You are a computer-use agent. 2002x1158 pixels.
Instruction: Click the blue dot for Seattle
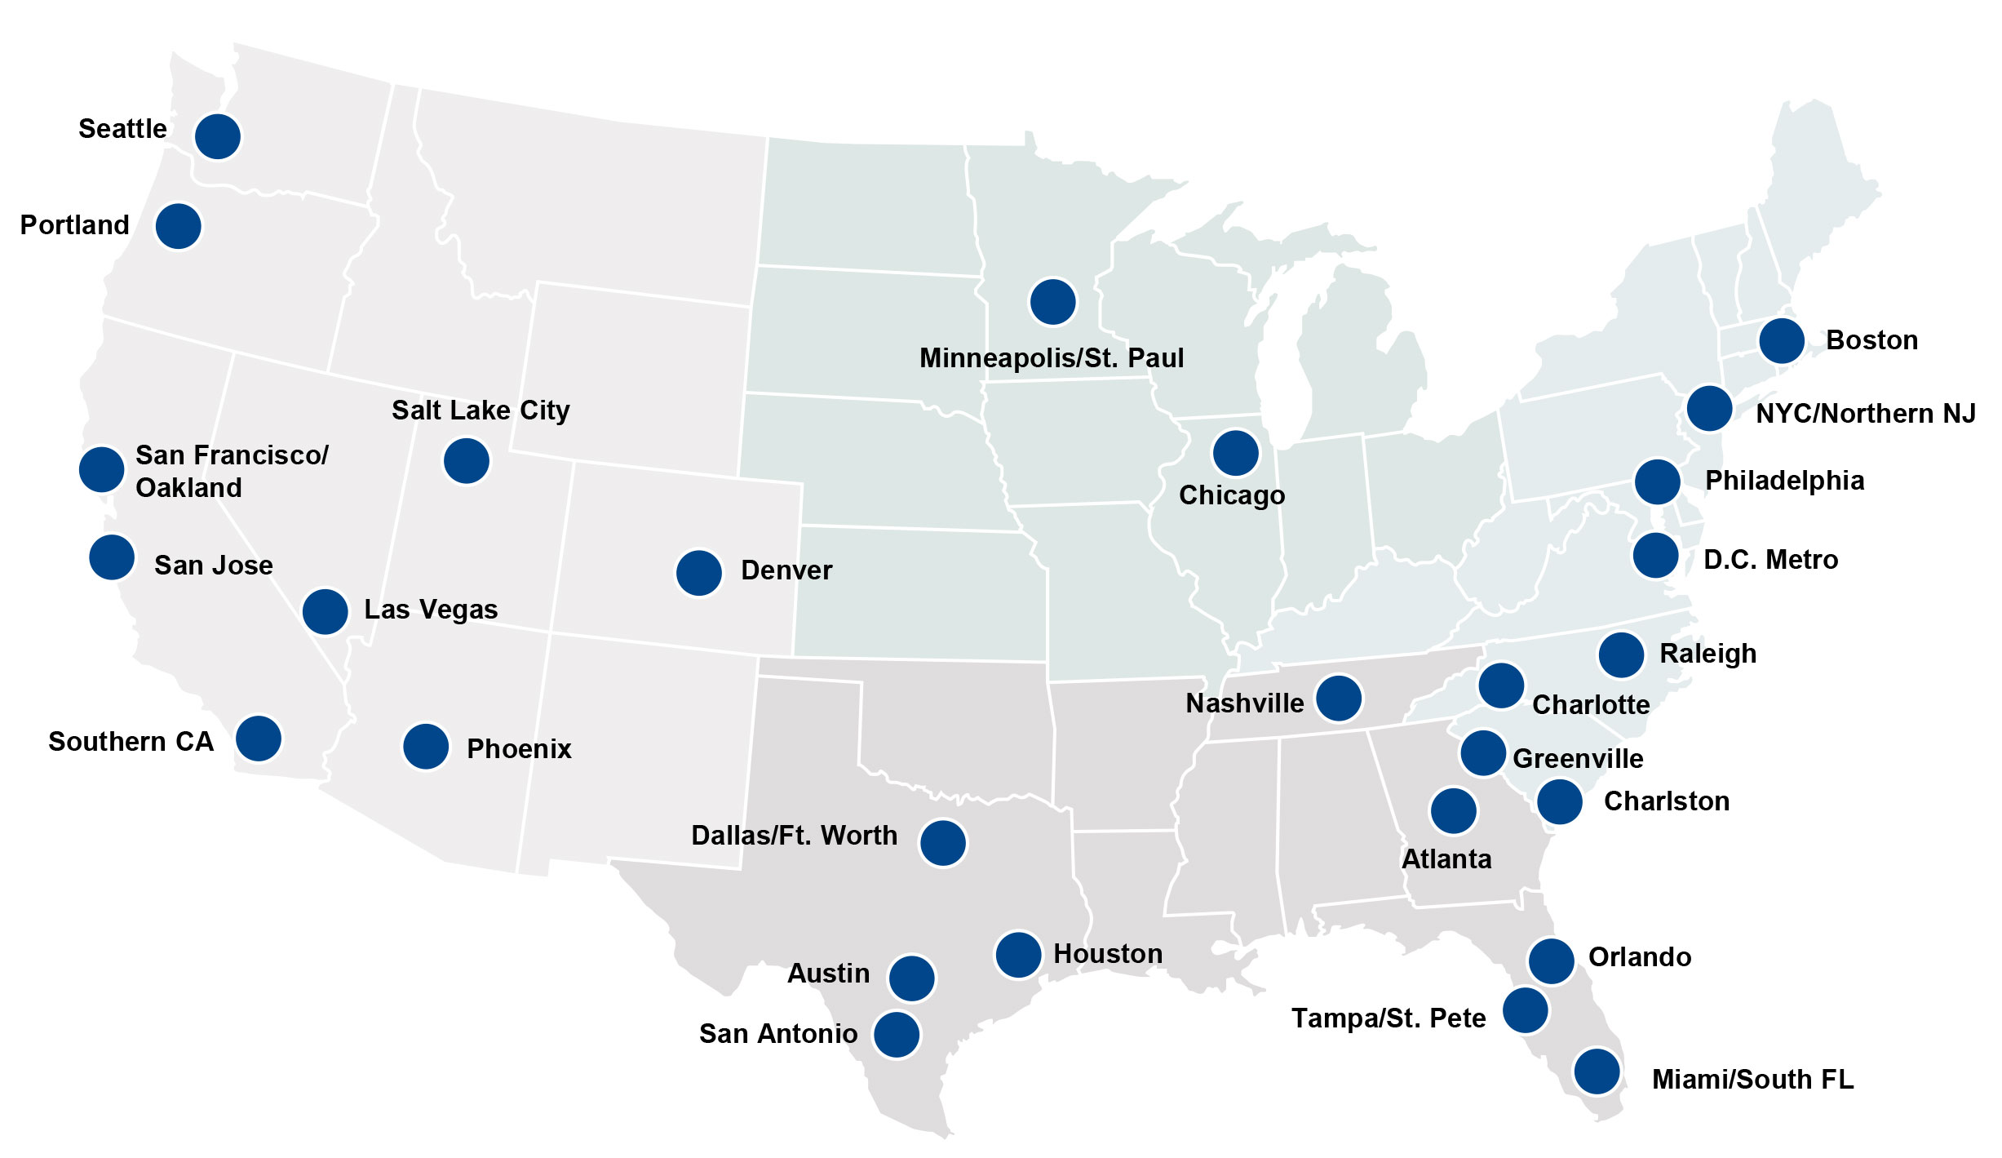[x=218, y=136]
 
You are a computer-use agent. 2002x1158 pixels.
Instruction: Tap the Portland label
[x=74, y=225]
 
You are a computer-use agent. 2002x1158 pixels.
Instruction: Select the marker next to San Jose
[x=112, y=557]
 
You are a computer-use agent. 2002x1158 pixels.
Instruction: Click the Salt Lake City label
[x=481, y=410]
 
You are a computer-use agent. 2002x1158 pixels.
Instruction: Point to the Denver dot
[x=699, y=572]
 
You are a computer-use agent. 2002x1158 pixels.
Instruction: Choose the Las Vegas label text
[x=431, y=610]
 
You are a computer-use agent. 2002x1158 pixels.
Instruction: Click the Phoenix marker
[x=426, y=746]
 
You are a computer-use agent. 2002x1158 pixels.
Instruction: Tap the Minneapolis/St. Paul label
[x=1052, y=358]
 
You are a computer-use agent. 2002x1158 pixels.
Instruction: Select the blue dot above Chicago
[x=1236, y=453]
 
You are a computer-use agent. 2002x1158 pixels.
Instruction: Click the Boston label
[x=1871, y=340]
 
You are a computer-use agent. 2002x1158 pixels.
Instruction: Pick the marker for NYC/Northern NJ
[x=1709, y=408]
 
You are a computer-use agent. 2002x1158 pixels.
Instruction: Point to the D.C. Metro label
[x=1770, y=560]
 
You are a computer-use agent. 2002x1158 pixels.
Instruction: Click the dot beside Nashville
[x=1339, y=699]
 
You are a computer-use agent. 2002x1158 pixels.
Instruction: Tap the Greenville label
[x=1578, y=759]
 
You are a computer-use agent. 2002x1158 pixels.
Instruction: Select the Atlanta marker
[x=1453, y=810]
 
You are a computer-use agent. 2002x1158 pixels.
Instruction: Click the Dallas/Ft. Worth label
[x=794, y=836]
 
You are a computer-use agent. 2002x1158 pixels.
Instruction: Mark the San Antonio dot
[x=897, y=1035]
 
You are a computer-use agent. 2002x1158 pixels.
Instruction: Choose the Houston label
[x=1108, y=954]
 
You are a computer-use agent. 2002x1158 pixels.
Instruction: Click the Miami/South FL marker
[x=1597, y=1071]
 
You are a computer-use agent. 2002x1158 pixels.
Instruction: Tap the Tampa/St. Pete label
[x=1389, y=1018]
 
